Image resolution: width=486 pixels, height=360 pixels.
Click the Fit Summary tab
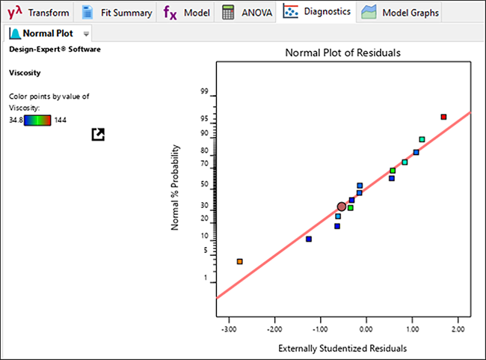point(117,13)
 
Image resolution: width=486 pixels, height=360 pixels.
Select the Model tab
point(187,13)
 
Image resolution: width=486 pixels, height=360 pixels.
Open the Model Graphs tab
point(401,13)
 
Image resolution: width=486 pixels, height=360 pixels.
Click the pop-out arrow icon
point(97,134)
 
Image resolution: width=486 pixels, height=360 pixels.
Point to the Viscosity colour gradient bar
point(37,120)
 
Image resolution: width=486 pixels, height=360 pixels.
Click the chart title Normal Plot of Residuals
point(343,53)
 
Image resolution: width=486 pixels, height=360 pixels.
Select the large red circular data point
point(342,207)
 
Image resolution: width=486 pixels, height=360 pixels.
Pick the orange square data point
point(239,261)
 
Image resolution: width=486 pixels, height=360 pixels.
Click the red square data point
point(443,117)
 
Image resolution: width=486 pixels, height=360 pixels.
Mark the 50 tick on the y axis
point(204,184)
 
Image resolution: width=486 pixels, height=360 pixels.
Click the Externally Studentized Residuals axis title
point(342,348)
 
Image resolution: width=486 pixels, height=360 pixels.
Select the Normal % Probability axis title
point(175,187)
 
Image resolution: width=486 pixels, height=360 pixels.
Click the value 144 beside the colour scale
point(61,120)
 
